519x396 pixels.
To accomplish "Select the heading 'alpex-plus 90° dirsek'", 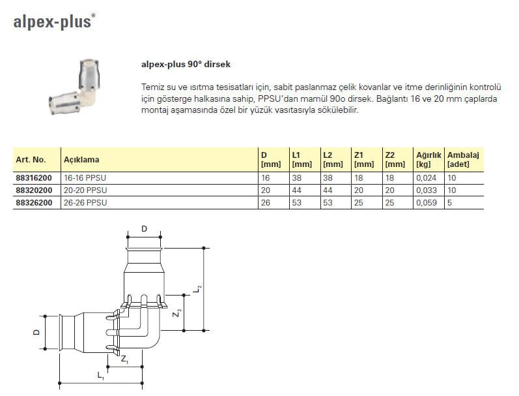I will click(x=186, y=65).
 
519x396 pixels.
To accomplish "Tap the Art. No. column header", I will click(x=30, y=159).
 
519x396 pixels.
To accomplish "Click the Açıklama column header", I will click(x=81, y=159).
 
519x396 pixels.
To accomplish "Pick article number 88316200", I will click(x=33, y=177).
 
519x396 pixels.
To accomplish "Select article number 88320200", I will click(x=33, y=190).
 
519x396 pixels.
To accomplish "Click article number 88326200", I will click(x=33, y=202).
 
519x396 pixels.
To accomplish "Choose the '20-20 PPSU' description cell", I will click(x=85, y=190).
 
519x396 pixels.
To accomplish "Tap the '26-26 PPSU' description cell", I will click(x=85, y=202).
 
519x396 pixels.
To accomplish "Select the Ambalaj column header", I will click(x=463, y=159).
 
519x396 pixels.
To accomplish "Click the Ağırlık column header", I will click(x=428, y=159).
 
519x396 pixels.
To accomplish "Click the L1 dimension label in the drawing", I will click(x=100, y=376).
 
